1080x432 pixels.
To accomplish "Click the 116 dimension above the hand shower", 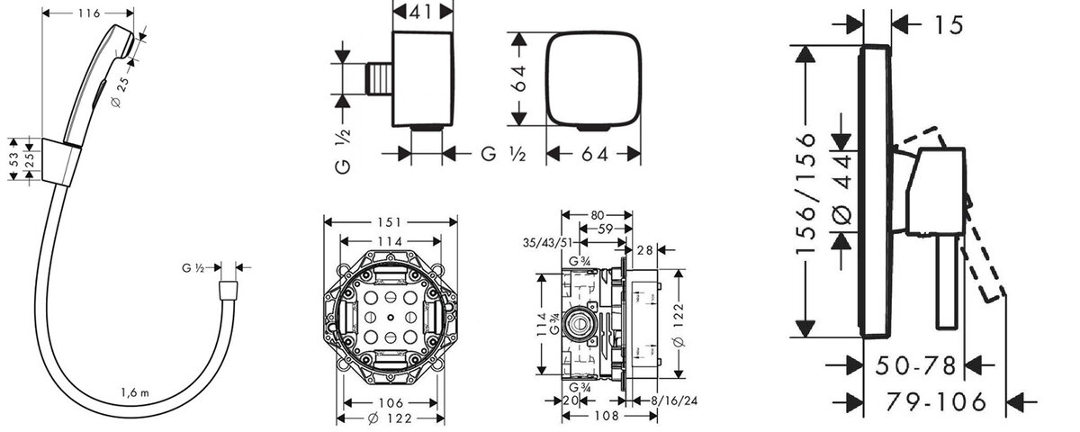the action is click(89, 13).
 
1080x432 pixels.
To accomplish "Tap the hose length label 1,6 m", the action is click(136, 393).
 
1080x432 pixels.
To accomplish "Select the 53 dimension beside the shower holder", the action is click(13, 159).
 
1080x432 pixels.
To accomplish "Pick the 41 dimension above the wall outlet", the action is click(422, 12).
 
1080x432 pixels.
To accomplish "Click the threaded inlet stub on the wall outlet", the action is click(379, 78).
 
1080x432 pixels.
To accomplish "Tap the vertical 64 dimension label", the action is click(520, 78).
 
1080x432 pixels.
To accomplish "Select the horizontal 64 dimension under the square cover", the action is click(595, 154).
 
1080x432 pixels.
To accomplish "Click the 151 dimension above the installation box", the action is click(390, 222).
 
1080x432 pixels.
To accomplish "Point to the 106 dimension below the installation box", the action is click(391, 402).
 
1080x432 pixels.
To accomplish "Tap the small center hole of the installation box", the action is click(390, 317).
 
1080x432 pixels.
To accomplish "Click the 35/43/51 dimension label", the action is click(547, 242).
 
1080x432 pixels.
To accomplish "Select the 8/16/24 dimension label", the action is click(674, 400).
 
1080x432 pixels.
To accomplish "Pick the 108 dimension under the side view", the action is click(607, 415).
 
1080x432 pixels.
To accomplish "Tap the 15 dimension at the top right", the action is click(949, 25).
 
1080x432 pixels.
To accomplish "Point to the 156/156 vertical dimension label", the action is click(805, 193).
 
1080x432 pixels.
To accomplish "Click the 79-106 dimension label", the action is click(936, 401).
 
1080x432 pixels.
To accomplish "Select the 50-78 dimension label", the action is click(915, 365).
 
